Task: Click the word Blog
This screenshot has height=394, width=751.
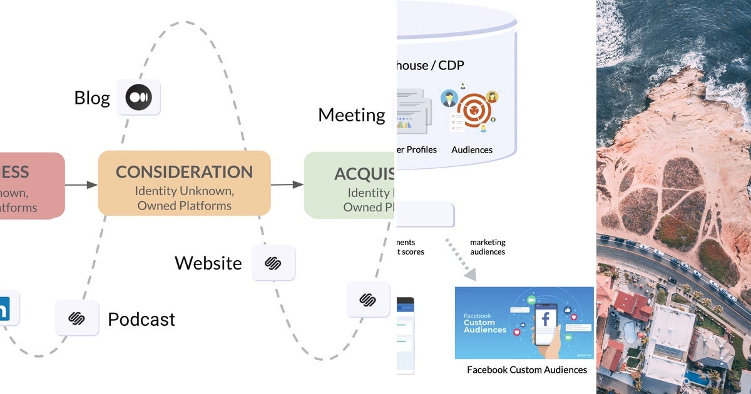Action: click(91, 98)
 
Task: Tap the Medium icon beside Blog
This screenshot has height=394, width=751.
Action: click(138, 98)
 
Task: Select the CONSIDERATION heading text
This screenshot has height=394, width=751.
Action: click(184, 172)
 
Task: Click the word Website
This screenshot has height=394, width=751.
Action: click(208, 263)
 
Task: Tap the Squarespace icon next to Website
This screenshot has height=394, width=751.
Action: click(273, 263)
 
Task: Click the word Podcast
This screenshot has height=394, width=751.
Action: click(141, 320)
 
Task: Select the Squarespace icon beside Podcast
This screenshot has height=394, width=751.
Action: click(76, 318)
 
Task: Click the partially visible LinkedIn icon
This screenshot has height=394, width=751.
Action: click(6, 308)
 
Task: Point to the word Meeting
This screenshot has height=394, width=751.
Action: click(351, 115)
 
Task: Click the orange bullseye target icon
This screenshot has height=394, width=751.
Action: click(474, 111)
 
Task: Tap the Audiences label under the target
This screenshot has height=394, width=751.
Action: click(472, 150)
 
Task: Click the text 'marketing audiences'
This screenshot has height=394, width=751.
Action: click(488, 247)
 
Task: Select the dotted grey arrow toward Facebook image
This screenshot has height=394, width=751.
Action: click(462, 259)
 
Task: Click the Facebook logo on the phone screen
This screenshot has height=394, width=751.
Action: click(546, 320)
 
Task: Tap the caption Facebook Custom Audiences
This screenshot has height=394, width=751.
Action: click(527, 370)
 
